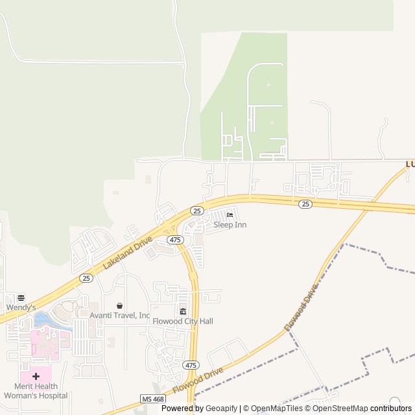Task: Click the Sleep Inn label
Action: (x=230, y=225)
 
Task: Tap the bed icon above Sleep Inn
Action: (x=230, y=215)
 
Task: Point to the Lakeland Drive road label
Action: (x=127, y=253)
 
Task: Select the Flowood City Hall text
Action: (x=183, y=321)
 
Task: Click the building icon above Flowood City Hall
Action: (x=183, y=311)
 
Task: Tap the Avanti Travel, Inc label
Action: (x=119, y=316)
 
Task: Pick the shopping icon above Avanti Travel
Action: (x=119, y=306)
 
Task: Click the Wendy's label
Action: (x=22, y=307)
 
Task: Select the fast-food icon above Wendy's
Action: (x=21, y=298)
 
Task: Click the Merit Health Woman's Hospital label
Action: (x=36, y=391)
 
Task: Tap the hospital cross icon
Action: (x=36, y=376)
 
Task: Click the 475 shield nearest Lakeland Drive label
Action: (x=174, y=240)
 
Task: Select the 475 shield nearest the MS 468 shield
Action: (x=190, y=365)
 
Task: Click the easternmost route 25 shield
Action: (x=305, y=204)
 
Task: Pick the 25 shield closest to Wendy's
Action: (x=86, y=278)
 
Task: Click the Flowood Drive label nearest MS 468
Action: (x=198, y=381)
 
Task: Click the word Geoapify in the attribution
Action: (x=222, y=409)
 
